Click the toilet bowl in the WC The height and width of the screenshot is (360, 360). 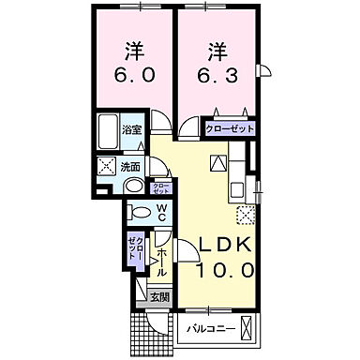pos(139,211)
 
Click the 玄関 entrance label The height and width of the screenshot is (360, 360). pos(161,297)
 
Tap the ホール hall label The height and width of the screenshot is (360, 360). pos(161,258)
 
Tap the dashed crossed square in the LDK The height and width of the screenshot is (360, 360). pos(247,216)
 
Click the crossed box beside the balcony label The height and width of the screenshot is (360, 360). pos(247,329)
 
